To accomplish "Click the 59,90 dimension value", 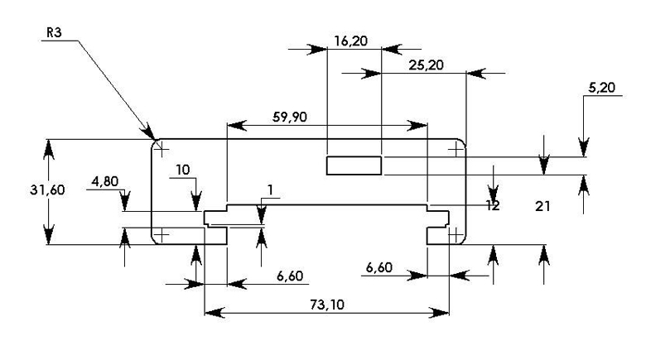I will point(290,117).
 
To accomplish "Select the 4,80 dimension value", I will point(106,181).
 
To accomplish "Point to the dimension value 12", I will point(492,205).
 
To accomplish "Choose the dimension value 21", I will point(543,205).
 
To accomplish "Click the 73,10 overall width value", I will point(327,304).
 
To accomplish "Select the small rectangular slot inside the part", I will point(354,166).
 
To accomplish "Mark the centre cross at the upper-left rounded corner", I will point(161,149).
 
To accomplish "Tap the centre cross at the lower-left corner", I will point(161,234).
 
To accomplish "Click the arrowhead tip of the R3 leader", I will point(154,138).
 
